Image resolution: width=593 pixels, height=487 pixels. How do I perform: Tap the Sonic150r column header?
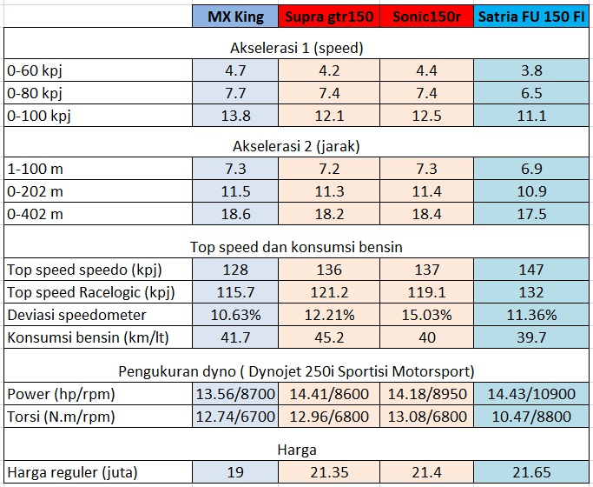(427, 17)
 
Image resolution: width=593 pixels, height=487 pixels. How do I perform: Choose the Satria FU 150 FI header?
(531, 17)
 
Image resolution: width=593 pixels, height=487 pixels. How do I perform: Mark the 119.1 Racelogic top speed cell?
(427, 291)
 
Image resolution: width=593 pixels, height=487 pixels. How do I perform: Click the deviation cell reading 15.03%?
(427, 314)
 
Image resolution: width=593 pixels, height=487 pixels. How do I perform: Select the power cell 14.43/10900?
(531, 394)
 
